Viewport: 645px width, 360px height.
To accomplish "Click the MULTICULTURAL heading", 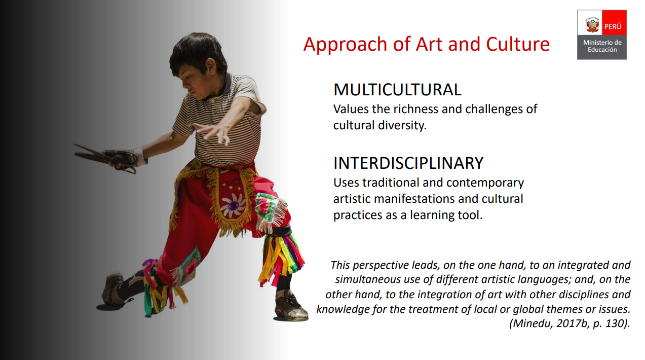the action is tap(397, 90).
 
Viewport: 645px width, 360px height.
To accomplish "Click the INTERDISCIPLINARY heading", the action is tap(408, 163).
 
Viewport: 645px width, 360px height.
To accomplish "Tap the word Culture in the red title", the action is tap(518, 44).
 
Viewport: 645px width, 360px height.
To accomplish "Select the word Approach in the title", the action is tap(345, 45).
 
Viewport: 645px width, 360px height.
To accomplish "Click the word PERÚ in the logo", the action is tap(613, 26).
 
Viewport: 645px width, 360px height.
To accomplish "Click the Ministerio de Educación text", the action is tap(602, 46).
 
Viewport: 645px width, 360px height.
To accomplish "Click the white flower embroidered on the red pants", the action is tap(233, 205).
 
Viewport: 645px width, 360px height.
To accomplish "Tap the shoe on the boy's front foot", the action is tap(290, 307).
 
